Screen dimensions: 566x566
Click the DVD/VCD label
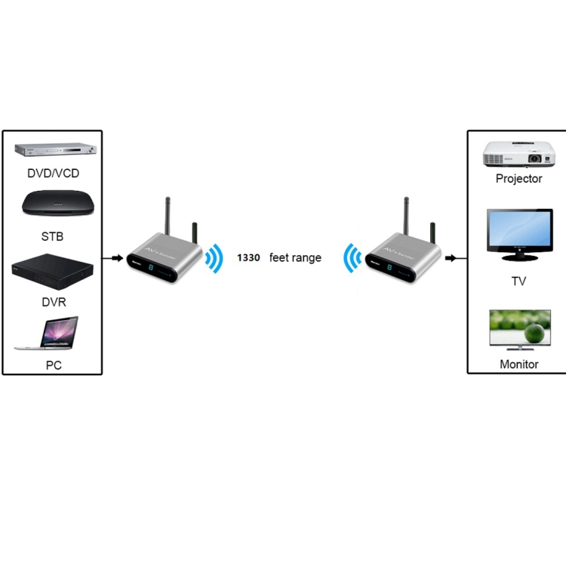click(53, 174)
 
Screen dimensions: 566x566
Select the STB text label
click(52, 237)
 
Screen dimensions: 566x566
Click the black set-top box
click(52, 206)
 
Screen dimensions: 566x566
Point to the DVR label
click(54, 302)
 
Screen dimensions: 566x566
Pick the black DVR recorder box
click(52, 272)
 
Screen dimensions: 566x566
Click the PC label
click(53, 366)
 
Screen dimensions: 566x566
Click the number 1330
click(248, 258)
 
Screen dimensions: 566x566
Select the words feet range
click(295, 258)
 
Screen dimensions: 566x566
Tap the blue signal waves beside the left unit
click(215, 259)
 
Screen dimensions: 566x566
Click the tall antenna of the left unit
click(168, 219)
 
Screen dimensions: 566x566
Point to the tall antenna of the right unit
click(405, 219)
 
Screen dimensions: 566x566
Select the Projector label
click(518, 179)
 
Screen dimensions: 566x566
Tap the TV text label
click(518, 281)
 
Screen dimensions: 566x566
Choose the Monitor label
click(518, 364)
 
